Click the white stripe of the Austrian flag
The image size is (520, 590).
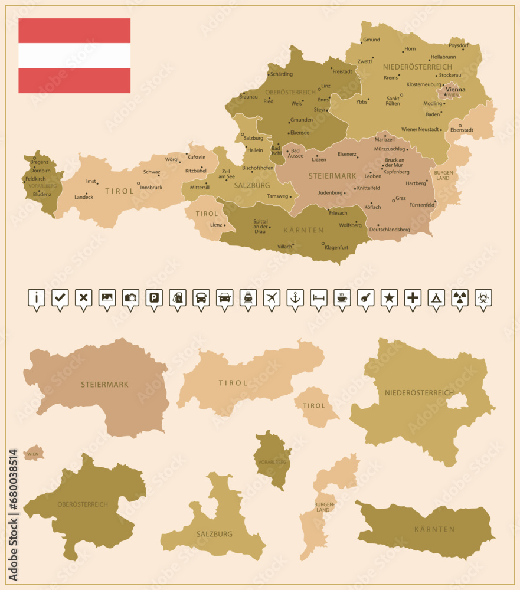point(74,55)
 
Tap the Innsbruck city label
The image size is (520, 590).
point(152,188)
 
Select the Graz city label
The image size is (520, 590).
point(400,199)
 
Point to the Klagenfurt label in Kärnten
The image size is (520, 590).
point(336,248)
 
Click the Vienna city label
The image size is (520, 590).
point(455,90)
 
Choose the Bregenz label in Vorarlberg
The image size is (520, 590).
point(40,162)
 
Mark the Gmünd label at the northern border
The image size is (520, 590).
point(371,40)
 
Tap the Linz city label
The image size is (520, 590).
point(326,86)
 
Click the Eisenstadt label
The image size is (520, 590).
point(462,130)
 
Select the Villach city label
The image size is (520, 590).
point(285,247)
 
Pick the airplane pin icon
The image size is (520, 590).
point(271,298)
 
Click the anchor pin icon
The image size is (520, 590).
point(295,298)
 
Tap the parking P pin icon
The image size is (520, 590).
point(153,298)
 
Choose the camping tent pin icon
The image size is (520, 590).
point(436,298)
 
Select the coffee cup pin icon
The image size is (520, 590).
point(342,298)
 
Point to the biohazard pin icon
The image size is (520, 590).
point(483,298)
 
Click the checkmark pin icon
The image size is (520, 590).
point(60,298)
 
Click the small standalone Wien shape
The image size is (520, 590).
point(34,453)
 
